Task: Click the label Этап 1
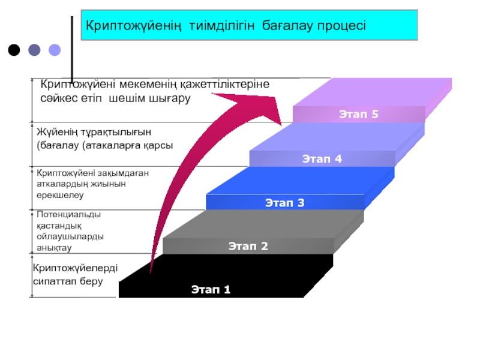211,290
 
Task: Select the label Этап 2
248,245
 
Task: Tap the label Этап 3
285,203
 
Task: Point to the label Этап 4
322,159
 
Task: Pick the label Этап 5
359,113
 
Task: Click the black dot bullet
14,50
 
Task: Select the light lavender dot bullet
55,50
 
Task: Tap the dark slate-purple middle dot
34,50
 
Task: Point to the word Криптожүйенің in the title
135,26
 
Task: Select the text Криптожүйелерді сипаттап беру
75,275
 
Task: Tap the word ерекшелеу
60,195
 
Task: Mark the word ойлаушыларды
70,236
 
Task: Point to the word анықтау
54,247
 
